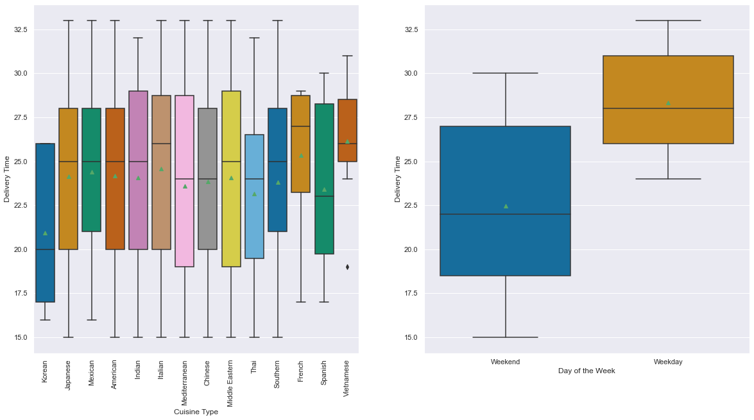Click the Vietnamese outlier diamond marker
pos(347,267)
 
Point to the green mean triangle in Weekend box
pos(506,206)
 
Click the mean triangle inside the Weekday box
pos(668,103)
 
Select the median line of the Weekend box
pos(506,214)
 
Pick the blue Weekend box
pos(506,167)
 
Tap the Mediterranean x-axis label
pos(185,383)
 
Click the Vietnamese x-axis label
pos(347,378)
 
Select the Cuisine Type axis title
pos(196,412)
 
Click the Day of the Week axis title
pos(587,371)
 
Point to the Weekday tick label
pos(668,362)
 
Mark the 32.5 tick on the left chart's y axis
pos(19,29)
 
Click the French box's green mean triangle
pos(301,155)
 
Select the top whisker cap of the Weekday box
pos(668,21)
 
